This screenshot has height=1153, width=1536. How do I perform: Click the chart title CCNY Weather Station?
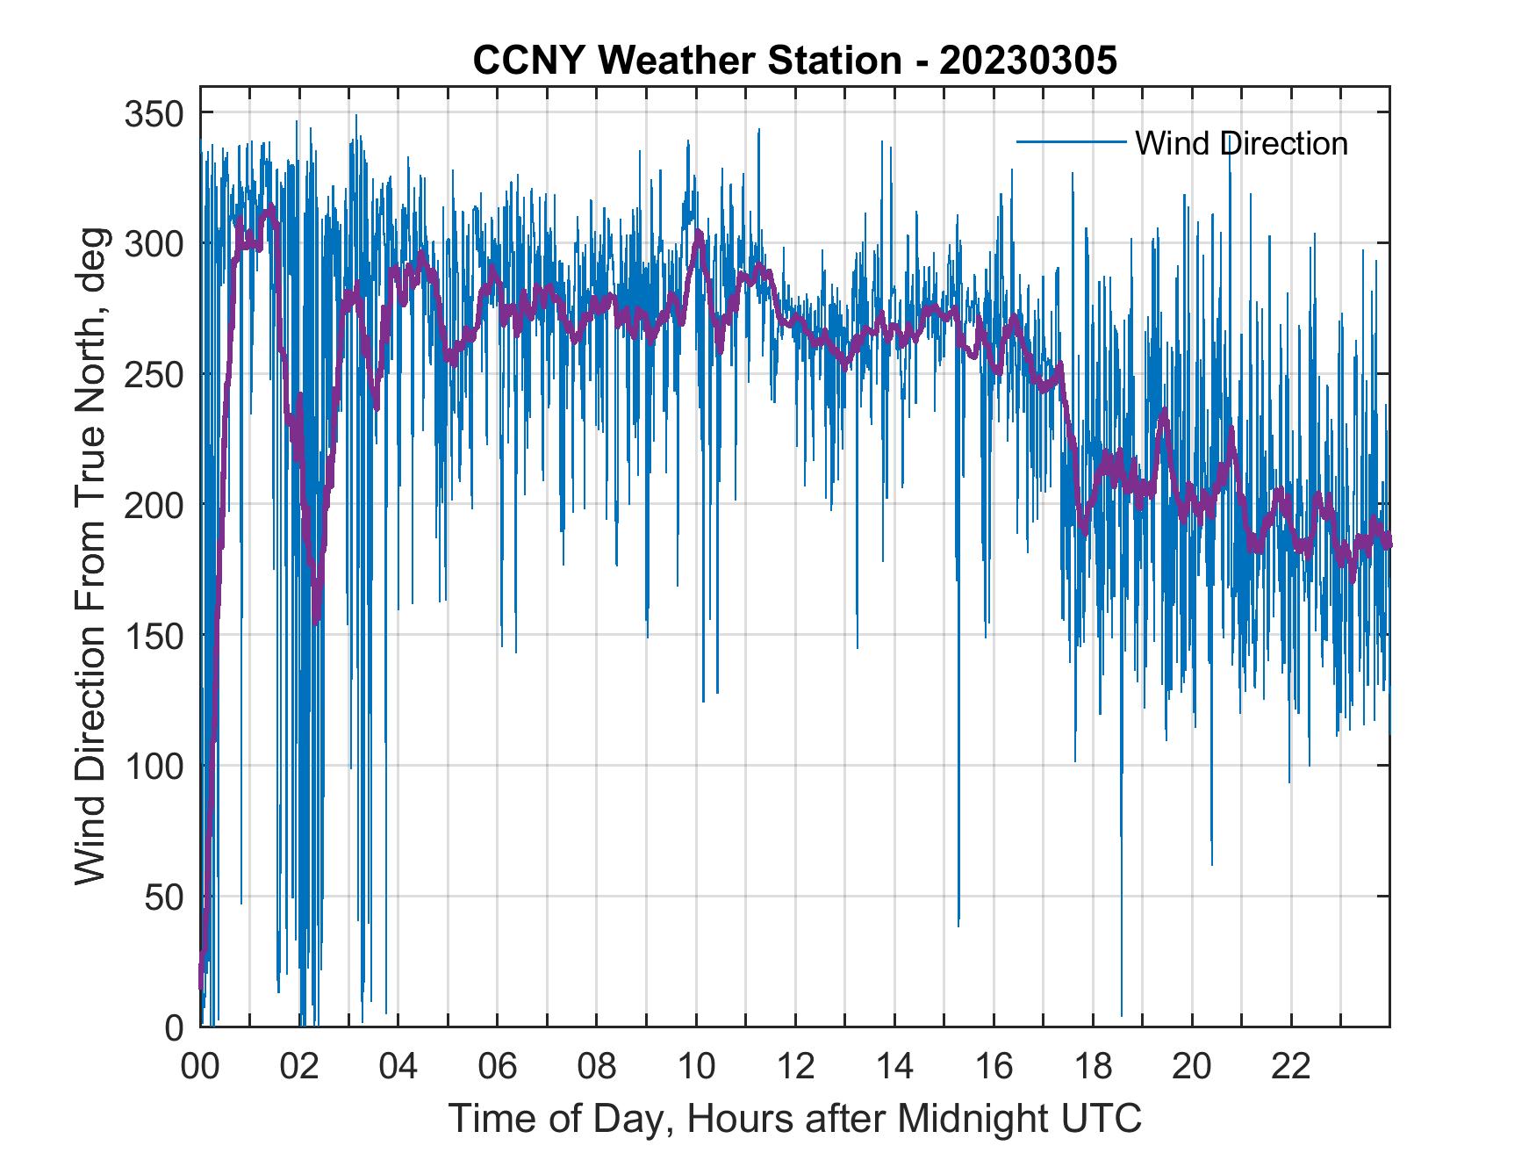tap(794, 61)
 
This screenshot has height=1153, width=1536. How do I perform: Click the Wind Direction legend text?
tap(1241, 143)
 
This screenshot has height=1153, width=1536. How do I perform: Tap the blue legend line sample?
tap(1071, 141)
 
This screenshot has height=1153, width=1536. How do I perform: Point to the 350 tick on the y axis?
tap(155, 113)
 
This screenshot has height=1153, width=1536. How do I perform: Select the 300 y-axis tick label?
tap(155, 243)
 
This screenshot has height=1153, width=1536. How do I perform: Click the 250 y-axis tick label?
tap(155, 374)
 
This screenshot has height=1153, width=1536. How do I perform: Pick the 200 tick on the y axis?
tap(155, 505)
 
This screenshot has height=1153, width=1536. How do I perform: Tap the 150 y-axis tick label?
tap(155, 636)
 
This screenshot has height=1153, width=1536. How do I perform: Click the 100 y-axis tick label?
tap(155, 766)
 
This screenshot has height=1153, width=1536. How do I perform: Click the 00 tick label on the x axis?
tap(200, 1068)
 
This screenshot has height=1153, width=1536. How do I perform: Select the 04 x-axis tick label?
tap(398, 1068)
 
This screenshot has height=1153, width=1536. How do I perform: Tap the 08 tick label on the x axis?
tap(597, 1068)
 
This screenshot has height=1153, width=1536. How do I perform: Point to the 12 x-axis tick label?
tap(795, 1068)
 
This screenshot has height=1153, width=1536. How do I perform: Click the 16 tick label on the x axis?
tap(994, 1068)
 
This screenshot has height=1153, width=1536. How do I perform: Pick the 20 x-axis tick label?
tap(1192, 1068)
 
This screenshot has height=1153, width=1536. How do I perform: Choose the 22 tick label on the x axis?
tap(1291, 1068)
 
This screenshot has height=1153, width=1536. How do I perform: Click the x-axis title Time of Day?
tap(795, 1118)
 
